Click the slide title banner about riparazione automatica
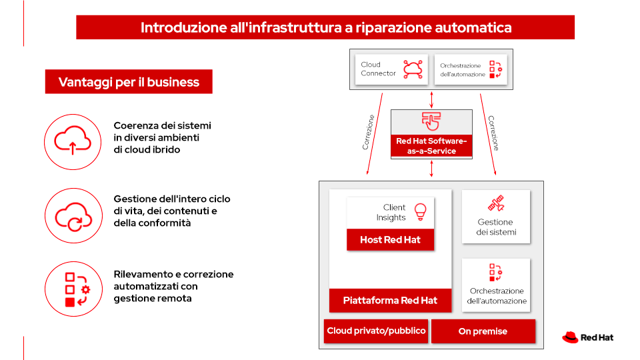click(x=325, y=27)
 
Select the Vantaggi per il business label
click(x=129, y=82)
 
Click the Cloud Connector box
click(x=391, y=69)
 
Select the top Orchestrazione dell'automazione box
click(x=470, y=69)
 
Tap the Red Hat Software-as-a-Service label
click(x=431, y=146)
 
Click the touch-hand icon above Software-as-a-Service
click(x=431, y=121)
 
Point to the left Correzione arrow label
click(x=369, y=132)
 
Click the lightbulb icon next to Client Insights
click(x=420, y=212)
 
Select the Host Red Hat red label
click(x=390, y=239)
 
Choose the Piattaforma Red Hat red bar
click(x=390, y=300)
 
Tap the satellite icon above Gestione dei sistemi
click(x=496, y=203)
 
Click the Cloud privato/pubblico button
click(x=376, y=331)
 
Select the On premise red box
click(x=483, y=331)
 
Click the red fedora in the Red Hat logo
click(x=570, y=337)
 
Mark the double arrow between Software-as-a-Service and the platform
click(x=431, y=169)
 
